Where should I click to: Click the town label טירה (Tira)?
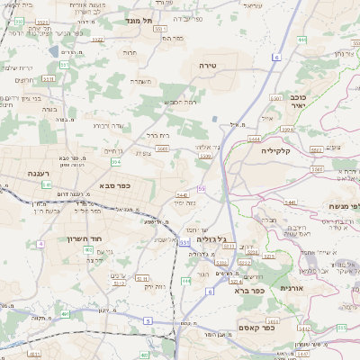click(x=209, y=67)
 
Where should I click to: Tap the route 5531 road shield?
click(x=48, y=78)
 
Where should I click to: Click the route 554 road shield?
click(x=116, y=163)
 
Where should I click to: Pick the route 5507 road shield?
click(x=206, y=157)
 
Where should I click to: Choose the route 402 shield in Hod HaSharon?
click(x=88, y=249)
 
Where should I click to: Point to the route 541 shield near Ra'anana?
click(x=47, y=184)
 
